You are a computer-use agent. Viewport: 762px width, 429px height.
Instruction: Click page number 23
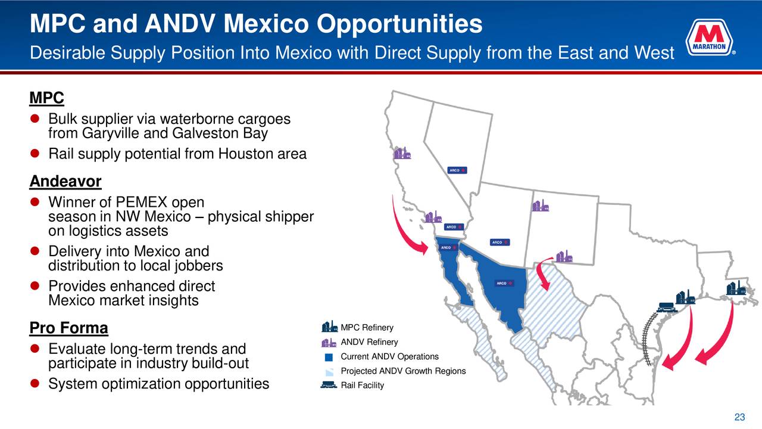(x=739, y=417)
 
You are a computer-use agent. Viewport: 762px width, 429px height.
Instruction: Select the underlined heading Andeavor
(x=65, y=181)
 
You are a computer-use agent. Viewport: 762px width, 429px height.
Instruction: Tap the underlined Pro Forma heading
(x=68, y=328)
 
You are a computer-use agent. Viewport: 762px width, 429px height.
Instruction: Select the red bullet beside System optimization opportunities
(x=35, y=383)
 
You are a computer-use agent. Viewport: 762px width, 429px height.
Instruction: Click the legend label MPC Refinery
(x=367, y=328)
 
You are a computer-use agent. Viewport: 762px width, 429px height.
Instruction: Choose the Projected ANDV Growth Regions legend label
(x=403, y=371)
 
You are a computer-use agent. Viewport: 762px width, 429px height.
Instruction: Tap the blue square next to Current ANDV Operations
(x=329, y=357)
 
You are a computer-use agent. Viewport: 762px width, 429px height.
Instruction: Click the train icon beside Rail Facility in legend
(x=329, y=385)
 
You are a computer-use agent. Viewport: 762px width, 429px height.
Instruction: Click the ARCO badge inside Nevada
(x=457, y=170)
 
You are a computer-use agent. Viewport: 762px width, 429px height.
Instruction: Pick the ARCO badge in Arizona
(x=499, y=243)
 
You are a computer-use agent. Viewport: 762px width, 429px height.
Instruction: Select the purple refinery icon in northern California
(x=402, y=153)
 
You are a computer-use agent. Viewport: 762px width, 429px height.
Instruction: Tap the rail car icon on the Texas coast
(x=667, y=307)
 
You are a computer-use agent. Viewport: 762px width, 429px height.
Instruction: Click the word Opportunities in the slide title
(x=399, y=24)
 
